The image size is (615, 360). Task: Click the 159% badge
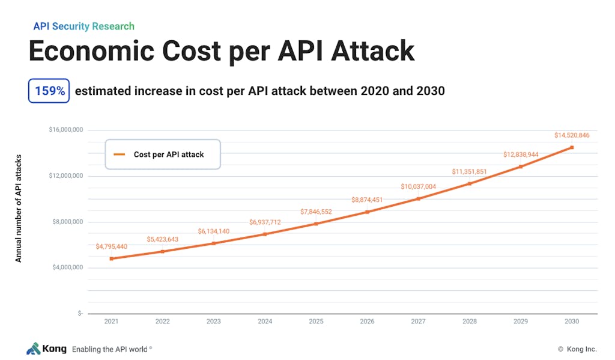point(49,91)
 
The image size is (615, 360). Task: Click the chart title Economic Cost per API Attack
point(222,51)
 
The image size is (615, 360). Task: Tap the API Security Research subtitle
point(84,26)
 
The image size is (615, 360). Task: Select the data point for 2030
point(572,148)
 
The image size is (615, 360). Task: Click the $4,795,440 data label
point(111,246)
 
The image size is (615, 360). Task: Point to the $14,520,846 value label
point(572,135)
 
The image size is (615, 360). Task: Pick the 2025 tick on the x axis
point(316,321)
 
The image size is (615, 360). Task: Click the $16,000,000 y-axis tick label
point(66,130)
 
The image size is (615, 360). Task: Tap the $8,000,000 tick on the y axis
point(68,222)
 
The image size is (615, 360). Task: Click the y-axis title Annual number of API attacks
point(19,208)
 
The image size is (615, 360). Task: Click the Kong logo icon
point(34,349)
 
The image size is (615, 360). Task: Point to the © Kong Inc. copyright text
point(577,349)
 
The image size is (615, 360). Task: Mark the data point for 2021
point(111,258)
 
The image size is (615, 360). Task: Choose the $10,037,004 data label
point(418,186)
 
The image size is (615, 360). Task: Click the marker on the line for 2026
point(367,212)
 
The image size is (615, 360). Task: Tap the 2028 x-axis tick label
point(470,321)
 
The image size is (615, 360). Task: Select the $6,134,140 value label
point(213,231)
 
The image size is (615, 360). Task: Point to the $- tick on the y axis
point(80,313)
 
